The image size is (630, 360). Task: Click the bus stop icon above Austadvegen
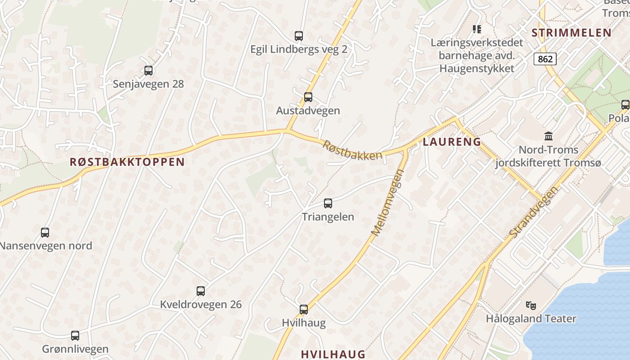(308, 97)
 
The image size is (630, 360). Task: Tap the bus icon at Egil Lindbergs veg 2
(298, 36)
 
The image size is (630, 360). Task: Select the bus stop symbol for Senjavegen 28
(148, 71)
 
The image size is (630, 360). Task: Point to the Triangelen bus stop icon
(328, 203)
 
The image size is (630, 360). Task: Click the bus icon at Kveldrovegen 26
(201, 291)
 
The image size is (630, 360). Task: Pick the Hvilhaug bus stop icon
(304, 310)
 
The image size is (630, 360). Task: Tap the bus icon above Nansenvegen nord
(45, 233)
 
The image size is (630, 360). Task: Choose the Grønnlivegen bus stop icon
(75, 336)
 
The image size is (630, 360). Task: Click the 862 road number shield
(545, 58)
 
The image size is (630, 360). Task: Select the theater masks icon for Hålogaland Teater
(531, 306)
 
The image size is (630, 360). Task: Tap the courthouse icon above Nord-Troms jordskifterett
(549, 136)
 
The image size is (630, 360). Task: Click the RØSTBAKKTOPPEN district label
(127, 162)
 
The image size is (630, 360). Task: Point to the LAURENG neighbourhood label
(452, 142)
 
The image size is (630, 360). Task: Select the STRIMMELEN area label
(571, 32)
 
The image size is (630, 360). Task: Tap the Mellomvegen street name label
(387, 202)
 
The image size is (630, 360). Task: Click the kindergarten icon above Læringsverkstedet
(477, 30)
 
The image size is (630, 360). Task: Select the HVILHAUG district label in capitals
(333, 354)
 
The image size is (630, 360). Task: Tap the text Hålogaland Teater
(531, 319)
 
